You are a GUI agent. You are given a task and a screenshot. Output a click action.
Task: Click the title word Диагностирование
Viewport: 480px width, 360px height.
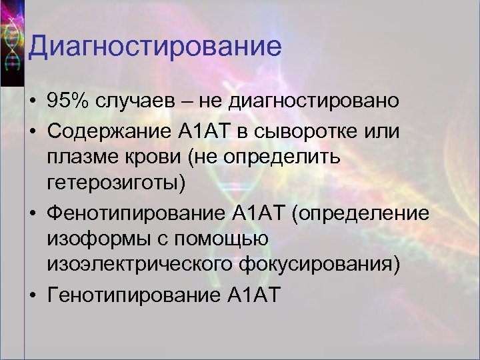coord(155,47)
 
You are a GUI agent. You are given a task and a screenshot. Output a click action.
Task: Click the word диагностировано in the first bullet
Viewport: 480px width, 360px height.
coord(314,102)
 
